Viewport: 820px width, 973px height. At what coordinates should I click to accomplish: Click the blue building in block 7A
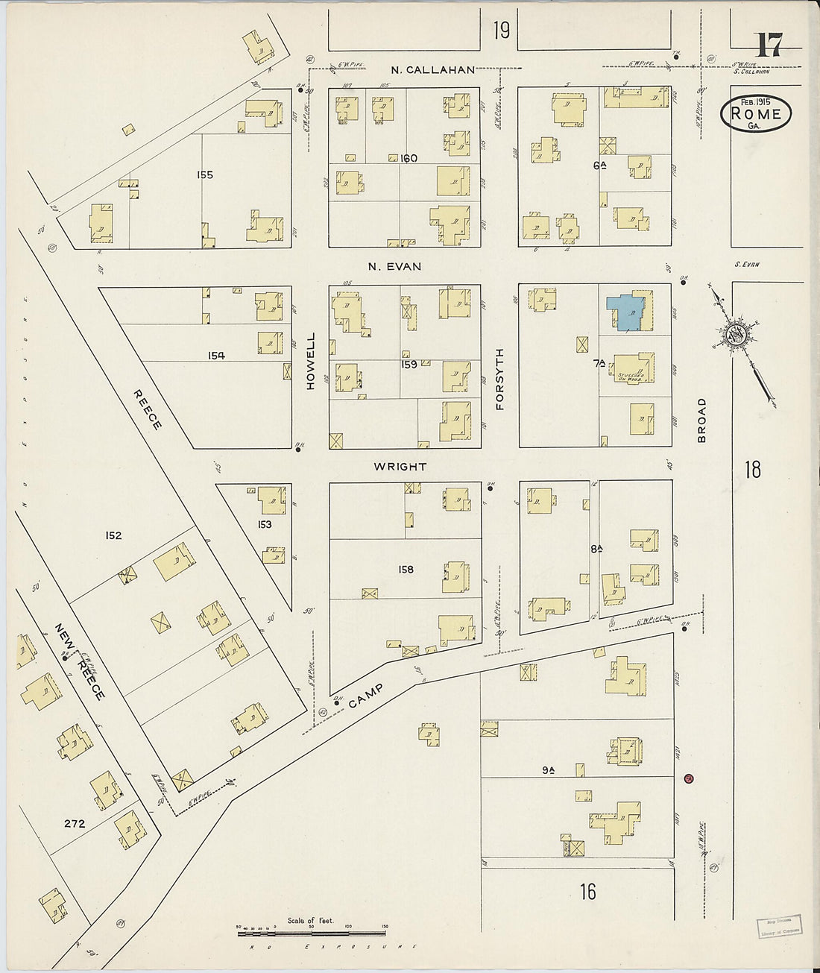click(625, 312)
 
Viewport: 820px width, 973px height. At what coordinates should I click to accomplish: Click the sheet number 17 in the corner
click(768, 46)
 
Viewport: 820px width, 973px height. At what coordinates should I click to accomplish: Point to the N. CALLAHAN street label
click(433, 70)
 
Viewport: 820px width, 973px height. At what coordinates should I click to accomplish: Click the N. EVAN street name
click(394, 266)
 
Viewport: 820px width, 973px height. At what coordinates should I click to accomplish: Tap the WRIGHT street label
click(400, 467)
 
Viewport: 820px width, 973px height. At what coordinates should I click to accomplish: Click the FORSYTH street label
click(499, 380)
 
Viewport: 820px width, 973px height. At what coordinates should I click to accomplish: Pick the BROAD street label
click(701, 421)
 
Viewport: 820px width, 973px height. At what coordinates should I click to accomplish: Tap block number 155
click(205, 175)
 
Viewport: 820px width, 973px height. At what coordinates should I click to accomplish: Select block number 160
click(409, 158)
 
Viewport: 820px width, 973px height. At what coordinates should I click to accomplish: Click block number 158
click(406, 570)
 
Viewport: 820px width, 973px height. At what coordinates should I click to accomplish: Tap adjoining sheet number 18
click(753, 470)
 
